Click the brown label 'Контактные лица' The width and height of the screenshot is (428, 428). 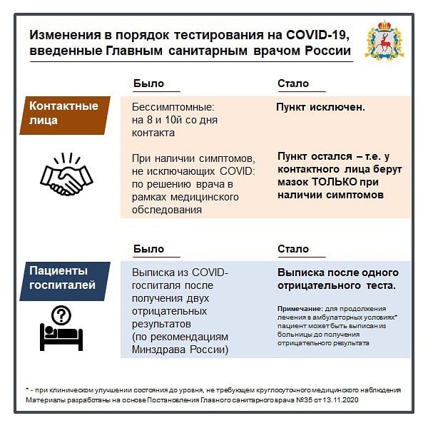coord(63,113)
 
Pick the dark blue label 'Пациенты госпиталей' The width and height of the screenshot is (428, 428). coord(63,279)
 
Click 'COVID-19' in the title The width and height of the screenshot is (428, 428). coord(313,35)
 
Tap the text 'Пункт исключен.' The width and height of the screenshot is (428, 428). coord(321,107)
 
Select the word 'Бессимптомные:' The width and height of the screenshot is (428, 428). coord(168,107)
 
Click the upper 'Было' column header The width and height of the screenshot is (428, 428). coord(148,83)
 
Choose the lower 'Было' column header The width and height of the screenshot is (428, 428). coord(148,249)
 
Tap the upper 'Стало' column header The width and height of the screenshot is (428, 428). coord(292,83)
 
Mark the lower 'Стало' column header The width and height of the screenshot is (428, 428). coord(292,249)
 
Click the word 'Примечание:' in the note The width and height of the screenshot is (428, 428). coord(295,307)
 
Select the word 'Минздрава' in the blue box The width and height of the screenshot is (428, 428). coord(158,350)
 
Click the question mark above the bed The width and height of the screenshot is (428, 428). coord(62,314)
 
